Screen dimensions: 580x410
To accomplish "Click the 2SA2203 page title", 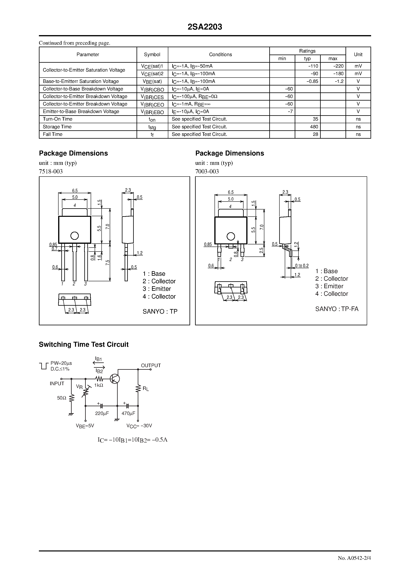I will tap(205, 27).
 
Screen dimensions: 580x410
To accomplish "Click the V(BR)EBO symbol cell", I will tap(152, 112).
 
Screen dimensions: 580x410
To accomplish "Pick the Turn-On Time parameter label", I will tap(58, 119).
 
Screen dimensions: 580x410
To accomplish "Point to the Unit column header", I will tap(358, 55).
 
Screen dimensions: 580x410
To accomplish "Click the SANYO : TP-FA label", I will tap(337, 309).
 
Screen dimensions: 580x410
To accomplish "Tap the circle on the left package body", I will tap(75, 236).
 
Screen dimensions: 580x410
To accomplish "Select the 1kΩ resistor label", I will tap(99, 385).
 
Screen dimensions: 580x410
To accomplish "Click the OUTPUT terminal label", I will tap(151, 365).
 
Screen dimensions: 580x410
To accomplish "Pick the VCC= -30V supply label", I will tap(139, 426).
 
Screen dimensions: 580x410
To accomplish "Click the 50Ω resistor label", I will tap(62, 398).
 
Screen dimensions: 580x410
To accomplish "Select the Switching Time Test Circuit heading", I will tap(84, 345).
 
